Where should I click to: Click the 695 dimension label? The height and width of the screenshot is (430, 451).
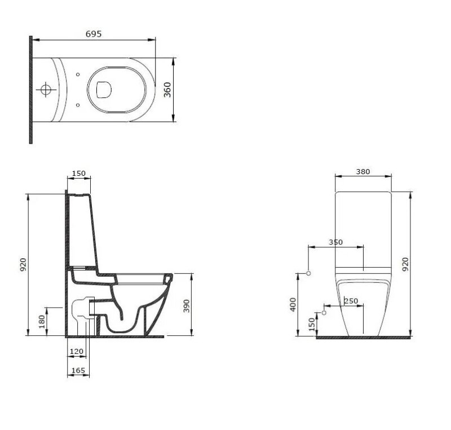tap(94, 34)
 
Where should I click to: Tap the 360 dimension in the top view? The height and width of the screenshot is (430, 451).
tap(167, 90)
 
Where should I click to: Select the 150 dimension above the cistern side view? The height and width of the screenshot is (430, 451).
tap(78, 174)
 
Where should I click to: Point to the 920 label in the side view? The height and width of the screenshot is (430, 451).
tap(23, 265)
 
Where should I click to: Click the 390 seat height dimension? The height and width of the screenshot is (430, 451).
tap(187, 306)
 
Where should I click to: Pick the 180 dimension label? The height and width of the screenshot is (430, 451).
tap(42, 322)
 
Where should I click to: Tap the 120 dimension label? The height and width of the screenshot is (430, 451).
tap(77, 351)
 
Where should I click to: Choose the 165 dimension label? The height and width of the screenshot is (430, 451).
tap(78, 370)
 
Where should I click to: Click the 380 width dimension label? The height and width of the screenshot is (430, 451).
tap(362, 172)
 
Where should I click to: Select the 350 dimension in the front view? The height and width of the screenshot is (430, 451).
tap(335, 242)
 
